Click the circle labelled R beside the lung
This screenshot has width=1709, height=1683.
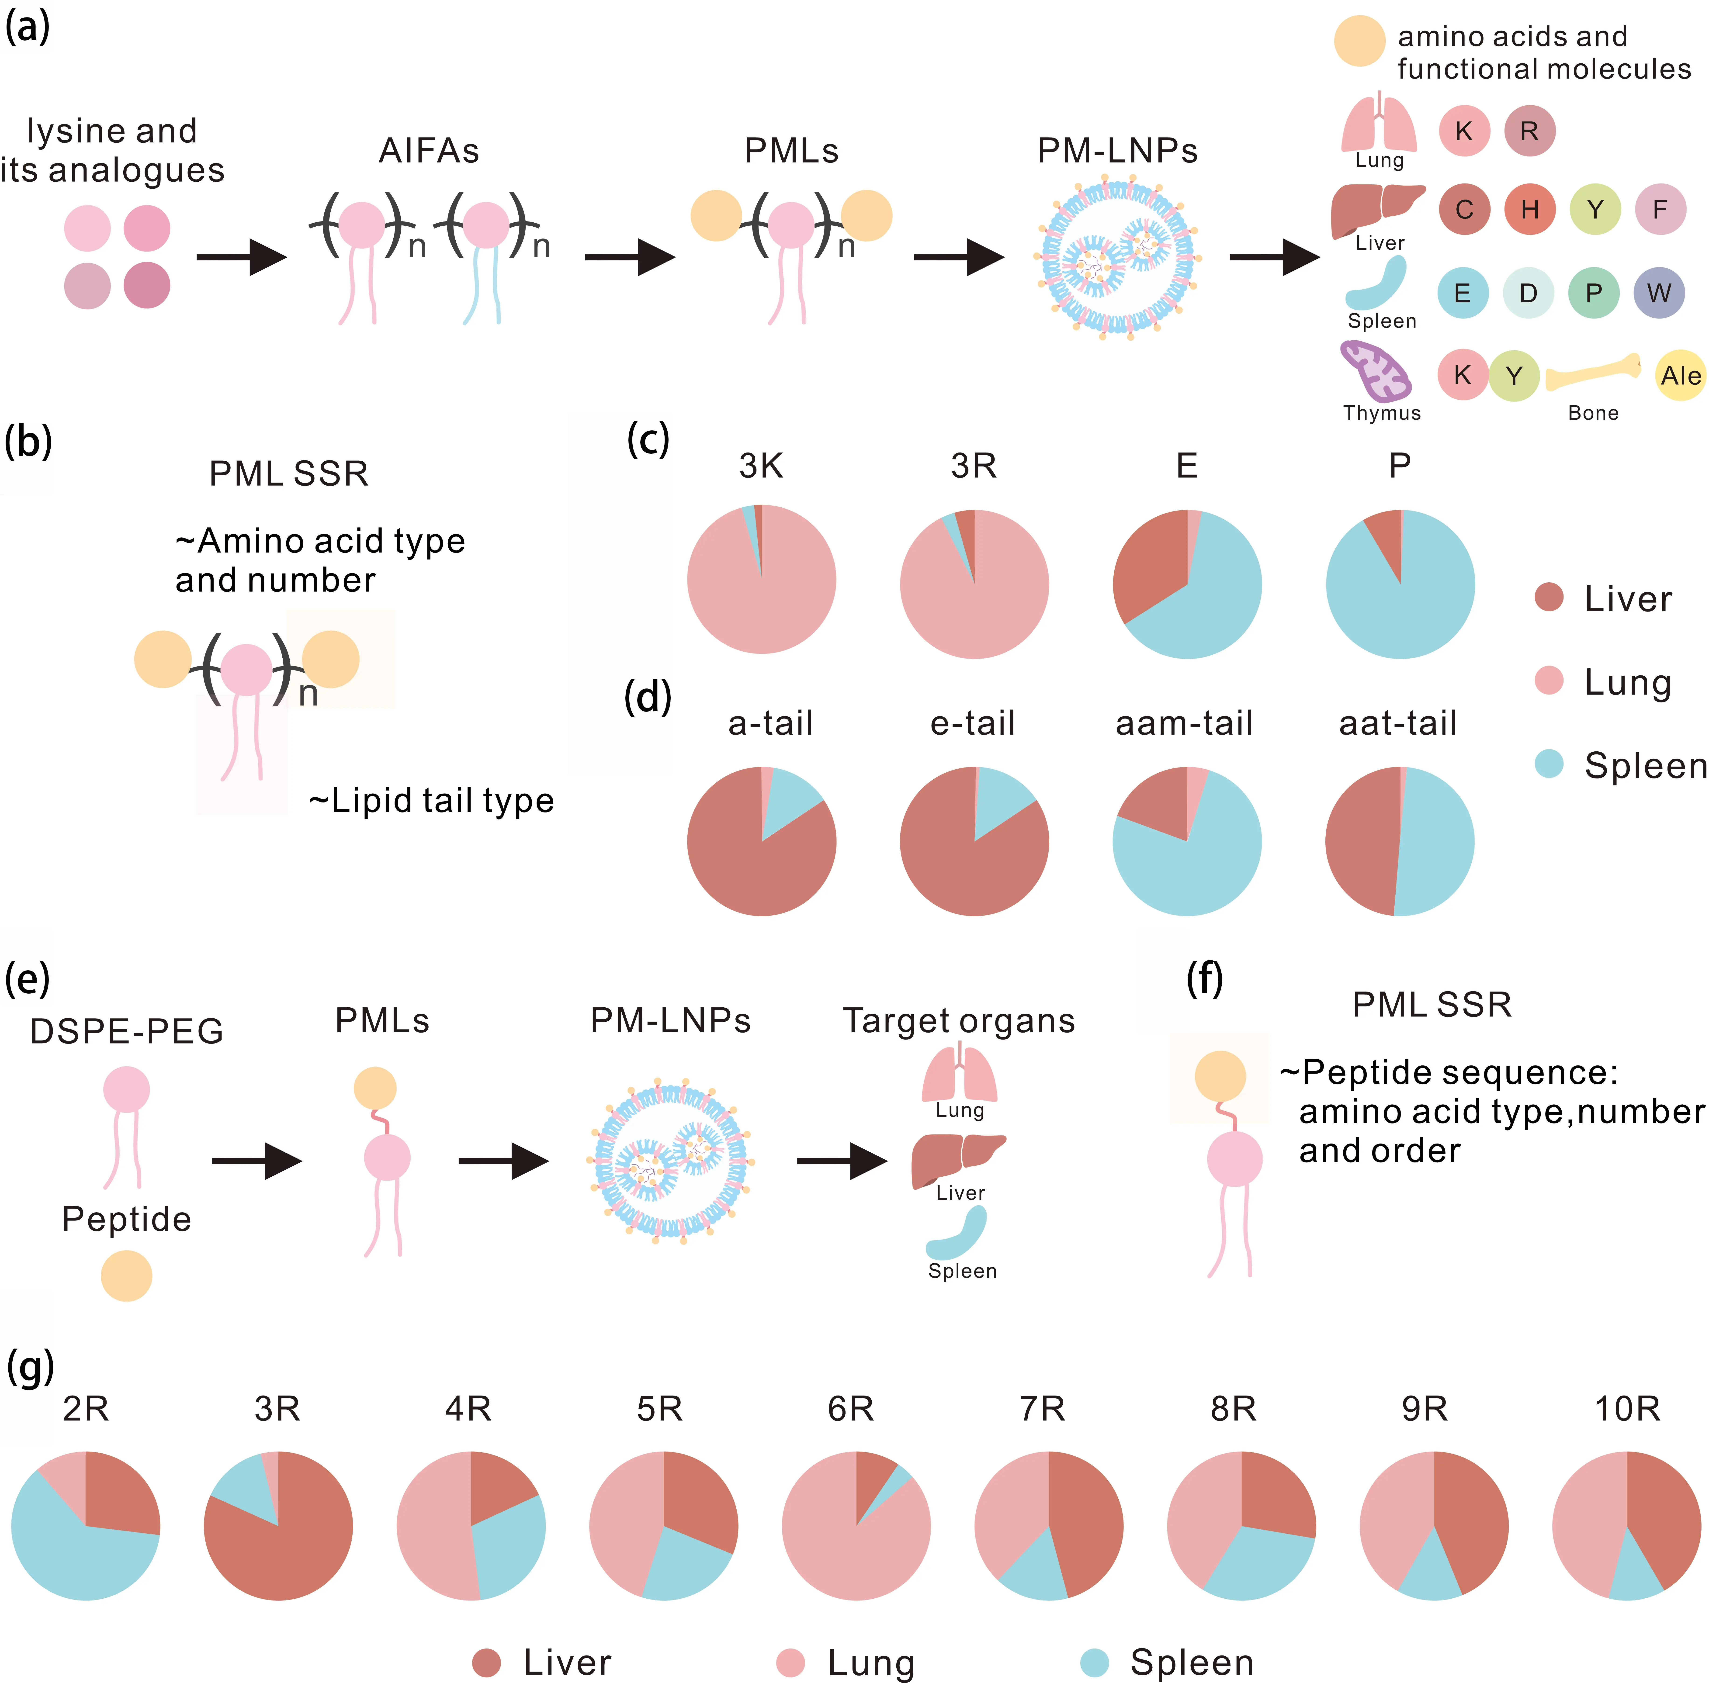click(x=1529, y=131)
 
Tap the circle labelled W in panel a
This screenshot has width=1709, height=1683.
click(x=1659, y=293)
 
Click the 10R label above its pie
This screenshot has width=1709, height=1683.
click(x=1627, y=1408)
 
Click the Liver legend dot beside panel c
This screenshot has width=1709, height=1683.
click(x=1549, y=598)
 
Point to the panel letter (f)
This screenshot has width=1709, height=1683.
click(x=1204, y=978)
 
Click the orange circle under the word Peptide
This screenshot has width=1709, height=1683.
click(x=126, y=1275)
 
